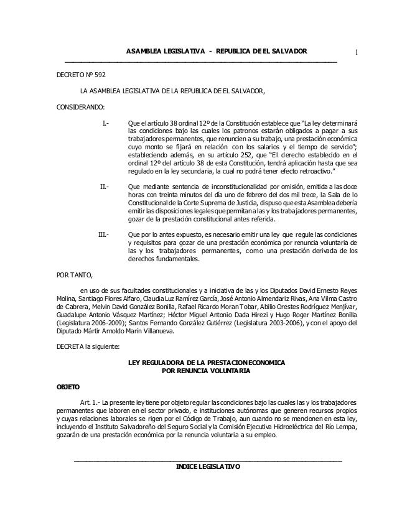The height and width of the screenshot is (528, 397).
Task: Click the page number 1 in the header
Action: tap(357, 51)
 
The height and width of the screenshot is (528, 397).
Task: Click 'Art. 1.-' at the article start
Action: tap(91, 396)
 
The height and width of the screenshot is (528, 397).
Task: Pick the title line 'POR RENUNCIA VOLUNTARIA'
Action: tap(206, 371)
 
